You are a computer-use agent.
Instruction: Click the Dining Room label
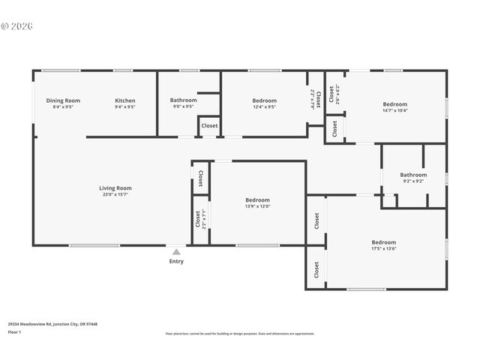click(63, 100)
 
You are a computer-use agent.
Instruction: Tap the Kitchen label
click(125, 100)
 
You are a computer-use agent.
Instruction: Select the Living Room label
click(115, 188)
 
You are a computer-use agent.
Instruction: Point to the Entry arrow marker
click(176, 252)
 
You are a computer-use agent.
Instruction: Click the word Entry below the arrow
click(176, 262)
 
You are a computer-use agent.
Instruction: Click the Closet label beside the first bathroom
click(210, 126)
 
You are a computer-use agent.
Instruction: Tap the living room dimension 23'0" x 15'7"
click(115, 195)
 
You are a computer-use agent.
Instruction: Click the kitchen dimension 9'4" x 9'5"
click(125, 107)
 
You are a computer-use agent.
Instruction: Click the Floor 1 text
click(14, 331)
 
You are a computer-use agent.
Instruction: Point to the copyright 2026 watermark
click(17, 25)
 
